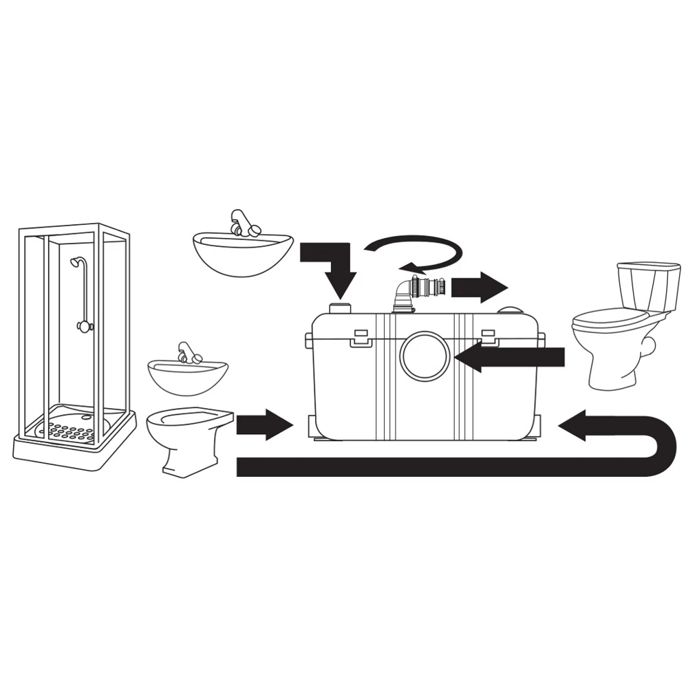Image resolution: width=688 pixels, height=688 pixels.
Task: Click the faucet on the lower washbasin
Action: point(188,353)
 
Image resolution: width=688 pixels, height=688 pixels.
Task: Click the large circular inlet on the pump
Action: point(424,355)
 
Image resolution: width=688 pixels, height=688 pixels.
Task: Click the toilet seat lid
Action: point(609,319)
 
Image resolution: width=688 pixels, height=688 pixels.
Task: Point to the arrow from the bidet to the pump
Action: point(264,424)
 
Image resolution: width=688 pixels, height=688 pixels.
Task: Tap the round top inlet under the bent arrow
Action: point(340,307)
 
